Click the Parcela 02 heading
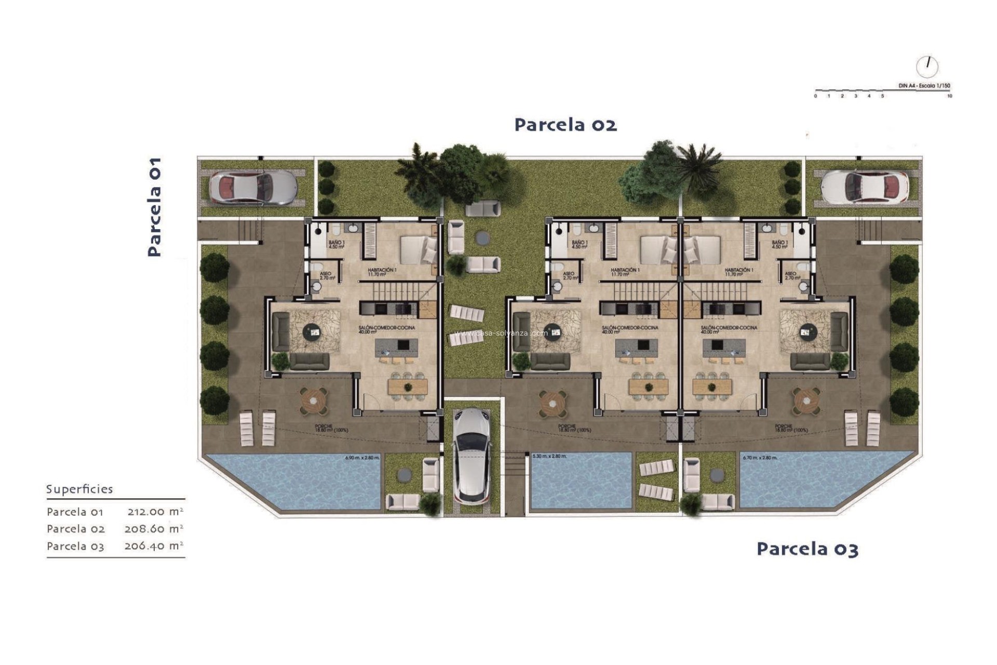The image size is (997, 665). [x=565, y=125]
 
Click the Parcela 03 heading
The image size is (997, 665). [x=807, y=549]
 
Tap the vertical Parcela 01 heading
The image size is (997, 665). [x=154, y=207]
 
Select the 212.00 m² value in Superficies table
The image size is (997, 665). [x=155, y=511]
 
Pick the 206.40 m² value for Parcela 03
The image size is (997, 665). [x=154, y=546]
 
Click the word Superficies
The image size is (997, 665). [x=79, y=489]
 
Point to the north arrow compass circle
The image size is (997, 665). [x=927, y=66]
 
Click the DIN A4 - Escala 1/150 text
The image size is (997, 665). [x=924, y=86]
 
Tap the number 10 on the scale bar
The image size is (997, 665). [x=949, y=96]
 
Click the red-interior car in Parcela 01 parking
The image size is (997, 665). [x=253, y=187]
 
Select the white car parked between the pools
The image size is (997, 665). [x=472, y=455]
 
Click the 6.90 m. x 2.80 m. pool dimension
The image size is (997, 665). [x=362, y=458]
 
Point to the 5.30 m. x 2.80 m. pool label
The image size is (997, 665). [x=549, y=456]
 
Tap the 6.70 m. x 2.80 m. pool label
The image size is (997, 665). [x=760, y=458]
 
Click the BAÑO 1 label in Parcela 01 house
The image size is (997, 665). [x=336, y=244]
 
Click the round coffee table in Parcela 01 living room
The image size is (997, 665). [x=312, y=331]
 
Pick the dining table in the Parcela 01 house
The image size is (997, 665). [x=408, y=387]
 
